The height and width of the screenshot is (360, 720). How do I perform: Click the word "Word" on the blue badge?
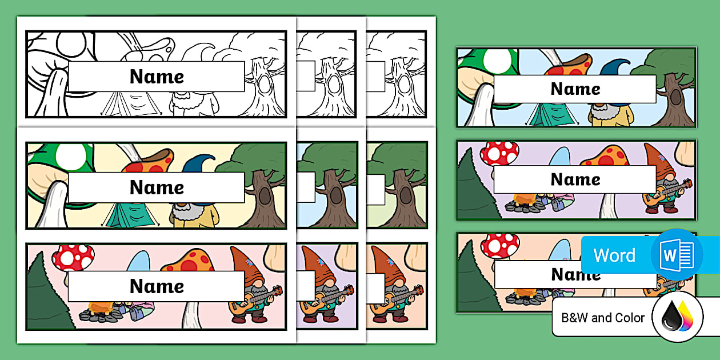[614, 255]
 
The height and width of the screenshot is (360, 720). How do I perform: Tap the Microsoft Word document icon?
[677, 255]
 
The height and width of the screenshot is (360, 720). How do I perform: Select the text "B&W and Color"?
[603, 318]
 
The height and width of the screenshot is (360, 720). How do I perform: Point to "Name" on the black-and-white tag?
[157, 77]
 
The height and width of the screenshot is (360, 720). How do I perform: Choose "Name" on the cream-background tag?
[157, 187]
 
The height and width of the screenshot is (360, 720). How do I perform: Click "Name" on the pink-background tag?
[157, 286]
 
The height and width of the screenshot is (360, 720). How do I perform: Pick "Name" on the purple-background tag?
[575, 179]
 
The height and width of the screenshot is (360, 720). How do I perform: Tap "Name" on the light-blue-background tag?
[575, 89]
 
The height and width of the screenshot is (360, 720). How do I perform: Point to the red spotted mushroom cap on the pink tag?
[73, 258]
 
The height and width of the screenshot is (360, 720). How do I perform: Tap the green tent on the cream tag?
[130, 215]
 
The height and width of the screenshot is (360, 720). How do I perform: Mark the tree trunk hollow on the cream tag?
[265, 196]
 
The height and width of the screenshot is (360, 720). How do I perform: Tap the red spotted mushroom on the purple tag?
[499, 154]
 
